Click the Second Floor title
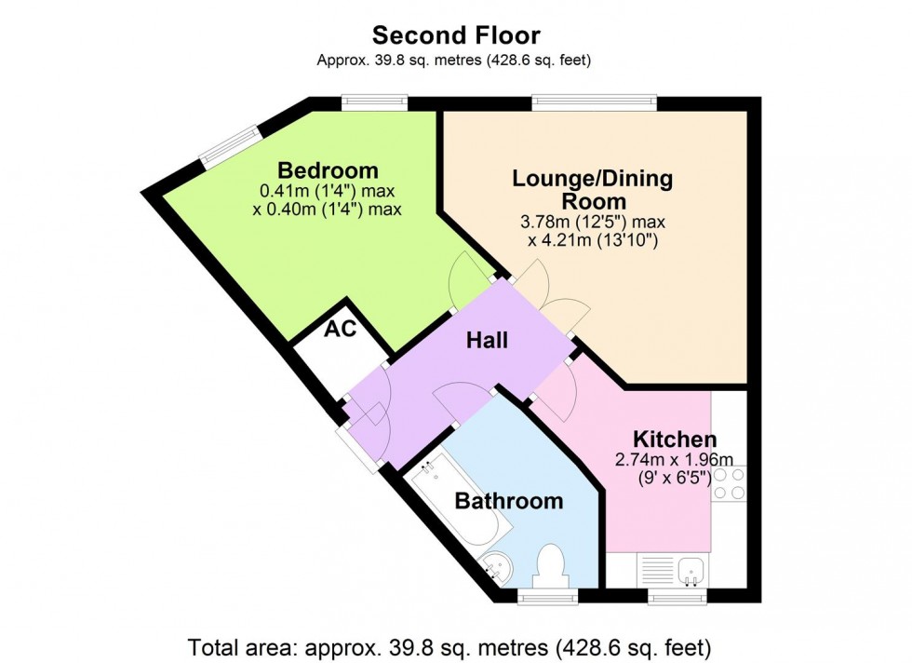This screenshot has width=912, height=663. coord(456,35)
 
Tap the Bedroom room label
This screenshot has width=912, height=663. coord(329,171)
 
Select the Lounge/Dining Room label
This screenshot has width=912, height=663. coord(593,189)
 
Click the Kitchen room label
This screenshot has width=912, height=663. coord(675,440)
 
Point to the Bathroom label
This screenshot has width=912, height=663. coord(508,501)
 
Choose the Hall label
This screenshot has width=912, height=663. coord(488,341)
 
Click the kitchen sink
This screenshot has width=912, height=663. coord(690,568)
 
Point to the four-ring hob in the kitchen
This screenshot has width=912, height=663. coord(730,484)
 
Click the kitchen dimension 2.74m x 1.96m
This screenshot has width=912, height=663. coord(675,460)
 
